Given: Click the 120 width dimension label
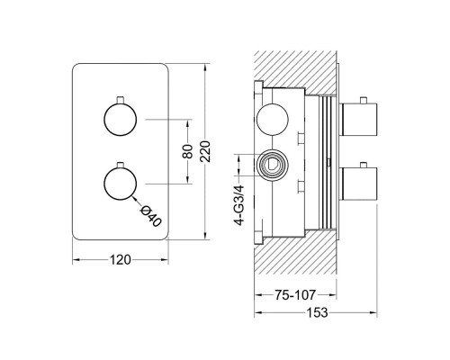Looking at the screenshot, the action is (x=121, y=260).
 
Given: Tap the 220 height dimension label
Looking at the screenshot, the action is (x=206, y=151).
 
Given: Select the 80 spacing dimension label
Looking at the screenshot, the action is (x=187, y=151).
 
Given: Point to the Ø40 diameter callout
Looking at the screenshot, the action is (x=150, y=216).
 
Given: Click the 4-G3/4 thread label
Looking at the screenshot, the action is (x=239, y=205).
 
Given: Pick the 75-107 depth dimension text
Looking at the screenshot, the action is (x=295, y=295).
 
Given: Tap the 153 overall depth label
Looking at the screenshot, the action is (x=317, y=313).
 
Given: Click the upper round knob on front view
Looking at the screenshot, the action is (x=120, y=120).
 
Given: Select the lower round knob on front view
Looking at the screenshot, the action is (x=120, y=184).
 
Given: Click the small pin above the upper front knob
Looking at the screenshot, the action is (x=121, y=100).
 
